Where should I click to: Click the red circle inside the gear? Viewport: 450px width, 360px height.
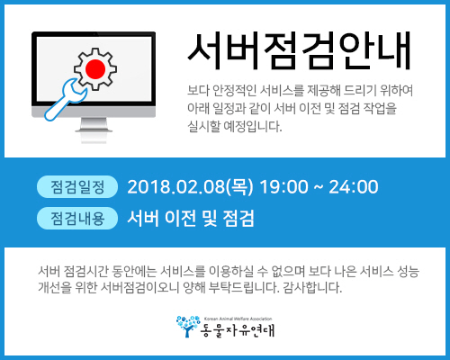pos(95,69)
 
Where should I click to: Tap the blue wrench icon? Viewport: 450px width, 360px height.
pos(66,100)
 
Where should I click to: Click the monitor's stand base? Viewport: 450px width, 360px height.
pos(94,130)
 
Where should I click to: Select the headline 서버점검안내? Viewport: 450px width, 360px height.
pos(299,51)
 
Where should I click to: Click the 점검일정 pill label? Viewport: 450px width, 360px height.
pos(77,187)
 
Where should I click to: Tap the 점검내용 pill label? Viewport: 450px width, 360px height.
pos(77,218)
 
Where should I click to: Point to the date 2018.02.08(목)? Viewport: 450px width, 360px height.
pos(190,186)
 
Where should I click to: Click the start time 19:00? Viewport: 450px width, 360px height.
pos(283,186)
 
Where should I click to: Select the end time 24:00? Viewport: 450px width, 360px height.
pos(354,186)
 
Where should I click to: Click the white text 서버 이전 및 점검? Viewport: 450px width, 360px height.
pos(191,218)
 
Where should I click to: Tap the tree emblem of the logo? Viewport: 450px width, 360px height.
pos(188,326)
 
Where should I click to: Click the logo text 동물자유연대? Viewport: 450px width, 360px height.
pos(238,330)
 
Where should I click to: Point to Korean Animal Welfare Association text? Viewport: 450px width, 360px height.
pos(238,319)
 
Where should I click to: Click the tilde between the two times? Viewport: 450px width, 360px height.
pos(319,187)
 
